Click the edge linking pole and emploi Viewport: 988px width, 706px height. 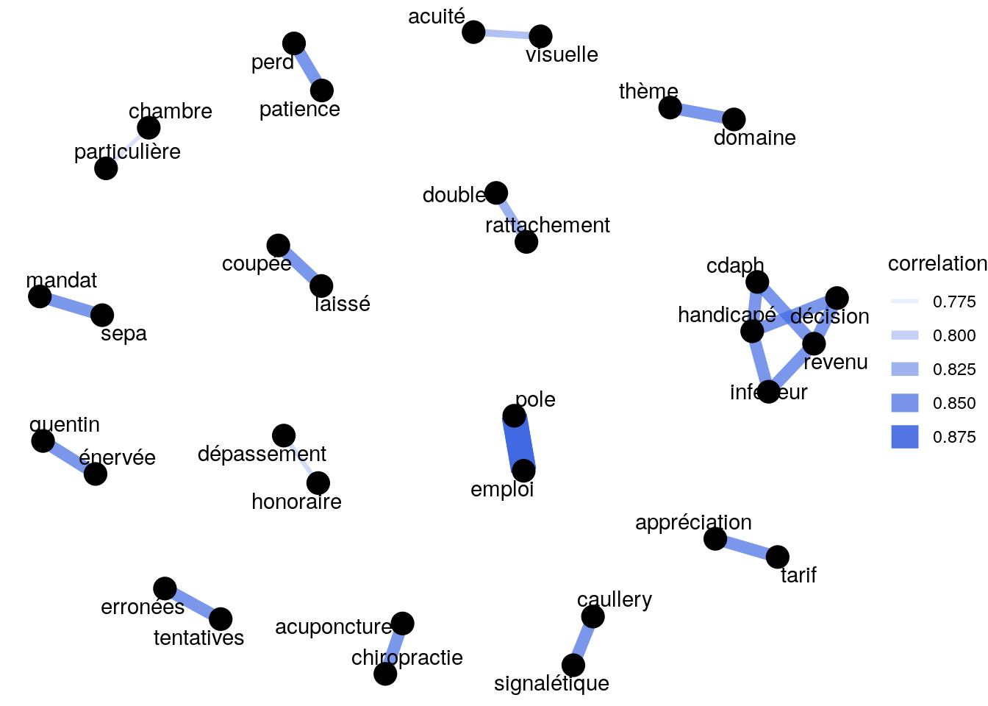(x=518, y=443)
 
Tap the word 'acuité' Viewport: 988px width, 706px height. (x=437, y=16)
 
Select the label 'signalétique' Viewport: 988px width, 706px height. (x=551, y=684)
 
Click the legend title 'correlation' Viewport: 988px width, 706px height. (x=937, y=263)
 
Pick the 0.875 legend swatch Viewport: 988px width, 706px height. (x=904, y=437)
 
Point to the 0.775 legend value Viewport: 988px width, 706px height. (x=954, y=302)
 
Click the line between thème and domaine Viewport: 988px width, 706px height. (x=702, y=114)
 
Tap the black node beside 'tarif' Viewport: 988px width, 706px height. (x=777, y=557)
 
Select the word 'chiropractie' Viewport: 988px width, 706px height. (x=407, y=657)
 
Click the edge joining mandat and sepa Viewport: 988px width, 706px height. (x=71, y=306)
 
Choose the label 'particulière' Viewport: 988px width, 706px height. (x=127, y=152)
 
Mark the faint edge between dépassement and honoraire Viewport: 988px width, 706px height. (x=301, y=460)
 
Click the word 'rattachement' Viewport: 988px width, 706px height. (x=548, y=226)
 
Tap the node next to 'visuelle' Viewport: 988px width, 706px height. (x=540, y=35)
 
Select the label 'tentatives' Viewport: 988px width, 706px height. (x=198, y=638)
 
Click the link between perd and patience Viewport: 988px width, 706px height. (x=308, y=67)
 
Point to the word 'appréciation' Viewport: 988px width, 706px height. (x=693, y=523)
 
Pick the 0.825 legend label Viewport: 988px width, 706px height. (x=954, y=370)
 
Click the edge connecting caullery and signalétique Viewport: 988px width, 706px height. (x=583, y=641)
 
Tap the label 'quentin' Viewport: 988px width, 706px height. (x=65, y=425)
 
